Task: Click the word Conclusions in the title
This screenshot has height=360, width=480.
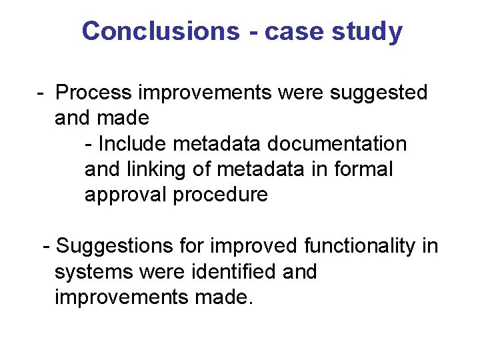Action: [x=160, y=31]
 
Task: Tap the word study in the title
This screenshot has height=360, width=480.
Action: [x=369, y=31]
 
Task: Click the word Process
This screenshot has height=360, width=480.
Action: [x=96, y=93]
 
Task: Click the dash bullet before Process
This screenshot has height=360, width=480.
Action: [x=41, y=93]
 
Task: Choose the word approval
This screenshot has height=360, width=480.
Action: [x=125, y=195]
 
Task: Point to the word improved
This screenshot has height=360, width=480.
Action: [x=254, y=247]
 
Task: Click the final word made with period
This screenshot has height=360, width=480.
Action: [x=224, y=297]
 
